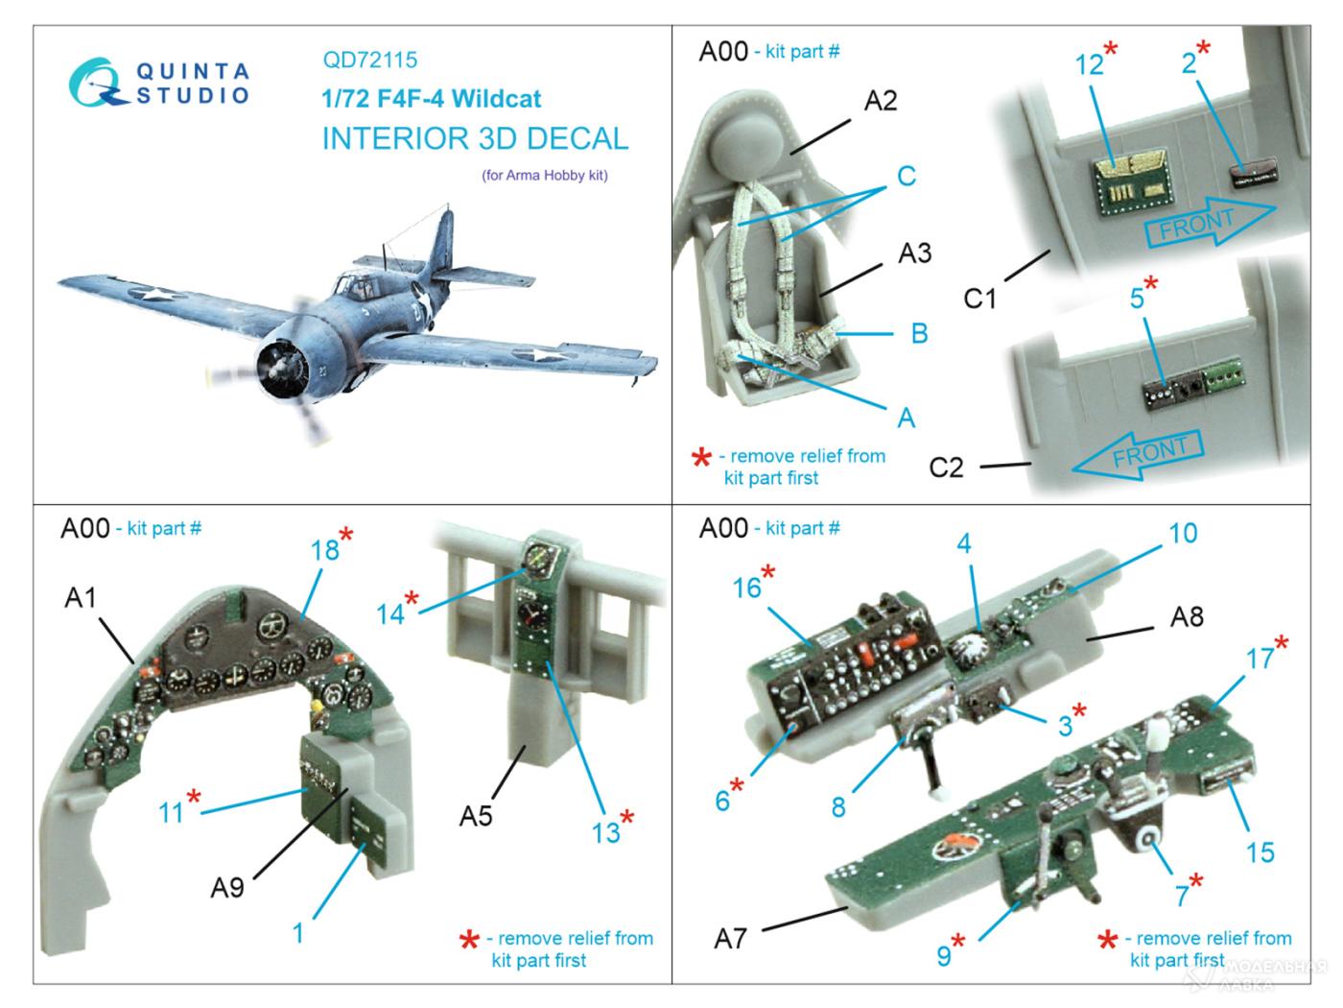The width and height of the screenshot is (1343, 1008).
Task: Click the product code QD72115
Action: (x=369, y=60)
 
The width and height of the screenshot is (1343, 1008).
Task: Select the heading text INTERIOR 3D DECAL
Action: (x=475, y=138)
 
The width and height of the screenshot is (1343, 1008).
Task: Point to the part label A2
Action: (x=880, y=101)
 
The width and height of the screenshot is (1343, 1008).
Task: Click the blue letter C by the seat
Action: (x=906, y=177)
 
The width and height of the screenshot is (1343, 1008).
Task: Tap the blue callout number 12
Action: (x=1089, y=65)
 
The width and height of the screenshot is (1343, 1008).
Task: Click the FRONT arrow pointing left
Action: (x=1137, y=453)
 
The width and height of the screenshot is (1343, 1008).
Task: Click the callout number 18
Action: (x=325, y=549)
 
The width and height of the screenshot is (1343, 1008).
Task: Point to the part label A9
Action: (x=227, y=886)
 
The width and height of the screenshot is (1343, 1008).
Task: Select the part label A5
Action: (x=476, y=815)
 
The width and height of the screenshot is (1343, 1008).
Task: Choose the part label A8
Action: (x=1187, y=615)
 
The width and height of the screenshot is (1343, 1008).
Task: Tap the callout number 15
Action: (x=1260, y=851)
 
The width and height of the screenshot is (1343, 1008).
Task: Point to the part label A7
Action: (x=730, y=937)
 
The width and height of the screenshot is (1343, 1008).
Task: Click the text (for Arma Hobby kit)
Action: (x=544, y=176)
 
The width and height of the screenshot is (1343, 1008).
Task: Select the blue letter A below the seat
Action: (x=906, y=418)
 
